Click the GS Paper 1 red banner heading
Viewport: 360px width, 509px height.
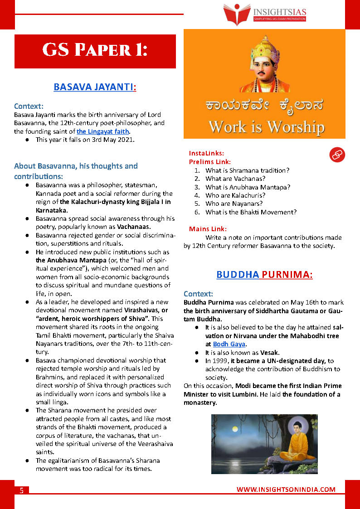click(95, 51)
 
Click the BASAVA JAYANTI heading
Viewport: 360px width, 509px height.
click(95, 87)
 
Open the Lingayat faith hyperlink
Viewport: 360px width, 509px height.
click(103, 132)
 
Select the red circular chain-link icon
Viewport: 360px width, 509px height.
click(337, 155)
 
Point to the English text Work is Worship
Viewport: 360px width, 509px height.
click(266, 126)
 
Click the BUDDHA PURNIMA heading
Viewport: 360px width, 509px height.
click(264, 275)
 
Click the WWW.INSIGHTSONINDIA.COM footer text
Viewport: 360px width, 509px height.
click(286, 490)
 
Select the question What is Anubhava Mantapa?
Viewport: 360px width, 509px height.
click(248, 187)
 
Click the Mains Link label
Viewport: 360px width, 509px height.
click(208, 229)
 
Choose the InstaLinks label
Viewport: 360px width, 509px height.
click(206, 153)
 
